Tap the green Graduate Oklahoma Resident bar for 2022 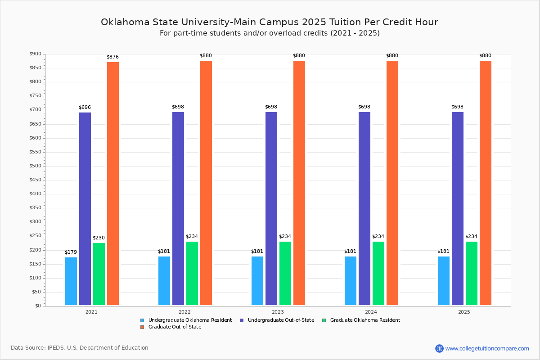coord(192,273)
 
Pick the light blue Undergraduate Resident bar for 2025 coord(444,281)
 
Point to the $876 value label coord(112,57)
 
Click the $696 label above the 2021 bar coord(85,107)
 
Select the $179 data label coord(71,252)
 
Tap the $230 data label coord(99,238)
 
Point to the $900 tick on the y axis coord(35,54)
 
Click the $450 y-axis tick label coord(35,180)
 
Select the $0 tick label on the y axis coord(37,306)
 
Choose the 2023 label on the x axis coord(278,312)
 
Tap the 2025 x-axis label coord(464,312)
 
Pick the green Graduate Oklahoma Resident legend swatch coord(324,320)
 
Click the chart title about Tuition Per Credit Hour coord(269,22)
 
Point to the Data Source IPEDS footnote coord(80,348)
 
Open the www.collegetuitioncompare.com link coord(487,348)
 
